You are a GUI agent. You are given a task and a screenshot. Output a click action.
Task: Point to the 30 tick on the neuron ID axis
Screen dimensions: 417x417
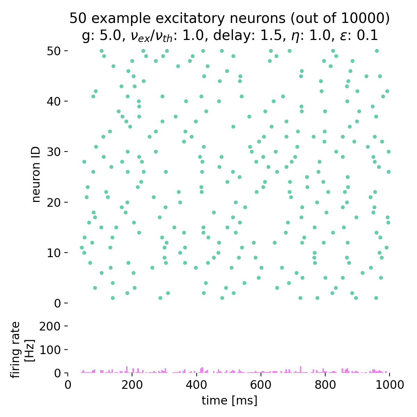[66, 152]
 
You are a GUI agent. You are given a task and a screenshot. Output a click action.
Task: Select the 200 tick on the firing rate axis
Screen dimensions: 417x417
[66, 326]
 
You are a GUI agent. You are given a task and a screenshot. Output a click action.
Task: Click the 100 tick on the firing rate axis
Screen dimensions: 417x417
[66, 350]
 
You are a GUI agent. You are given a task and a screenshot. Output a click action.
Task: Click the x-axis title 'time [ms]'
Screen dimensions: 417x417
[229, 400]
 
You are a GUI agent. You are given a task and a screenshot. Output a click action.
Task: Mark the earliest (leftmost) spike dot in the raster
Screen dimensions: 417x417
[82, 248]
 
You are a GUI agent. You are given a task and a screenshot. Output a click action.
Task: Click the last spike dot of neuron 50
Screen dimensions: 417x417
[376, 51]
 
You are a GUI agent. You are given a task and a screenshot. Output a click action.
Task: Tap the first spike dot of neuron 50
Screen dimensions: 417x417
[101, 51]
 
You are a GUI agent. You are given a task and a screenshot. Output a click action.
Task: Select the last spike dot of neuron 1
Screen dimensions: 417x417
[376, 298]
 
